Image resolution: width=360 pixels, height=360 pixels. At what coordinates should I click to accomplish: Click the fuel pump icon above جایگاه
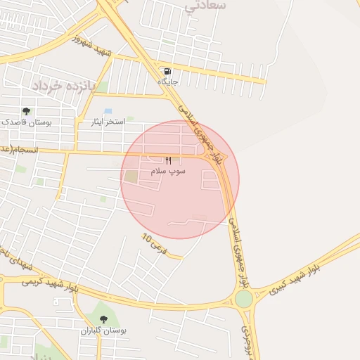click(x=167, y=71)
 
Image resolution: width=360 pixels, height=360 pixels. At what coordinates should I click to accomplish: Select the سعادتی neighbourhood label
click(x=205, y=6)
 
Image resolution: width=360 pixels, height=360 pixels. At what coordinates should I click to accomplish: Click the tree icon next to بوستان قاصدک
click(x=26, y=111)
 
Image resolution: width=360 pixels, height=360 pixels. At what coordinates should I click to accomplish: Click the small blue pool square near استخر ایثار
click(x=108, y=111)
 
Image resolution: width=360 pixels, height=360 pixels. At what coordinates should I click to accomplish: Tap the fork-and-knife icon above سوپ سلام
click(x=168, y=160)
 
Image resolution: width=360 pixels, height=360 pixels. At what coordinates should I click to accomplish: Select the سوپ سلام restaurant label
click(x=168, y=171)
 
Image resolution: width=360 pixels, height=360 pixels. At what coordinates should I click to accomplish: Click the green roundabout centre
click(x=243, y=299)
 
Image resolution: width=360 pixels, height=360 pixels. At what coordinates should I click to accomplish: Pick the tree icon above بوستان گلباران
click(x=103, y=319)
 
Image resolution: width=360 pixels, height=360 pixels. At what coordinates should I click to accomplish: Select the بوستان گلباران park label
click(x=103, y=330)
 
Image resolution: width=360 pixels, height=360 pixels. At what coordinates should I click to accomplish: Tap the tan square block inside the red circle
click(x=131, y=176)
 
